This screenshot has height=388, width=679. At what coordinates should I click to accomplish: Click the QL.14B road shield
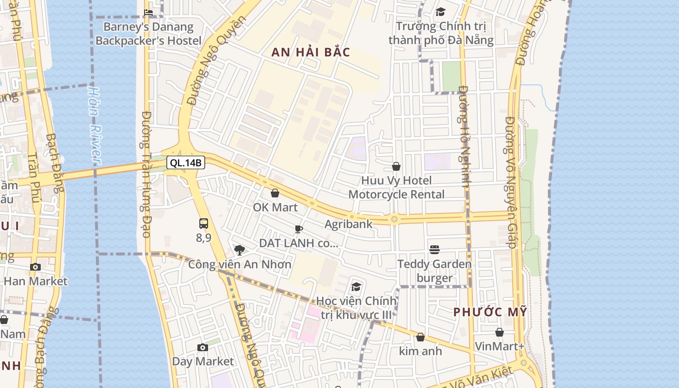(x=186, y=162)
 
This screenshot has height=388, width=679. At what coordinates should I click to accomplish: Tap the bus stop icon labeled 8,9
(x=204, y=224)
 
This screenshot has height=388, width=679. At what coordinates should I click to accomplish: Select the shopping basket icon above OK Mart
(x=275, y=193)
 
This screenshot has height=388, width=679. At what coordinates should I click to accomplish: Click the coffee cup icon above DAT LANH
(x=299, y=229)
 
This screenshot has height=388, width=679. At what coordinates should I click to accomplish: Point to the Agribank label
(x=348, y=224)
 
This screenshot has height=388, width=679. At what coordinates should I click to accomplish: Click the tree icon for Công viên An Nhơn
(x=239, y=250)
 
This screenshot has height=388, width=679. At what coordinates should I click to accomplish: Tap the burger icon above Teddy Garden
(x=435, y=250)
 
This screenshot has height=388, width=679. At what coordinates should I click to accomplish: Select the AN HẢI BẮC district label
(x=310, y=52)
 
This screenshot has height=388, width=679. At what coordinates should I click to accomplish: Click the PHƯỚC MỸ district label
(x=490, y=312)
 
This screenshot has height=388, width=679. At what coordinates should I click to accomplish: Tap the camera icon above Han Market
(x=35, y=267)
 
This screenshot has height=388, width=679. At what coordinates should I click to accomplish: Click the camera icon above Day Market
(x=203, y=347)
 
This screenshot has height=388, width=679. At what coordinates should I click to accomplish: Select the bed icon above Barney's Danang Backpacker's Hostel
(x=148, y=12)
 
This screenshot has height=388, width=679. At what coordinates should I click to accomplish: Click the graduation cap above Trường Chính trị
(x=440, y=12)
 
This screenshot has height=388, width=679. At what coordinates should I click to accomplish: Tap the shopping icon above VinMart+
(x=500, y=332)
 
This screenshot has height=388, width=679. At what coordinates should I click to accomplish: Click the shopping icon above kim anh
(x=420, y=337)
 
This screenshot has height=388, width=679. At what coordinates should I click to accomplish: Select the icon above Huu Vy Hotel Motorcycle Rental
(x=396, y=166)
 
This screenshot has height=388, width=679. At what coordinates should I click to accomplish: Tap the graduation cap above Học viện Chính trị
(x=356, y=287)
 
